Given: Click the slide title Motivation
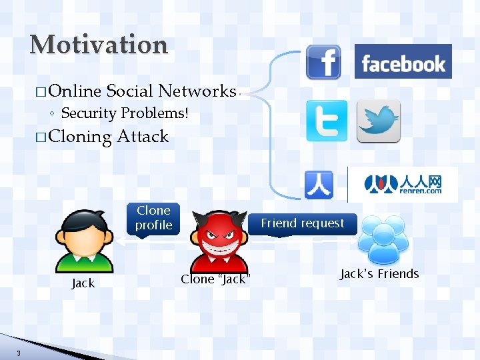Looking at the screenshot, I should pos(99,45).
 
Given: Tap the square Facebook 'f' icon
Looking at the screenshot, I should pos(323,62).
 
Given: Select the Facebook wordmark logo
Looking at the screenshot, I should pos(403,62).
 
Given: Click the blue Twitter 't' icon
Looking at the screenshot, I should pos(327,121).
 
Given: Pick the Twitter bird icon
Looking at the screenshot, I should pos(379,121).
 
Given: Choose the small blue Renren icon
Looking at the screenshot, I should pos(319,185).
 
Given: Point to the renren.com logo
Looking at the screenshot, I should pos(403,184).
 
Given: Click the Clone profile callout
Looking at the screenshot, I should pos(153,218).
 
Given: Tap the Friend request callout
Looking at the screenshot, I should pos(303,223).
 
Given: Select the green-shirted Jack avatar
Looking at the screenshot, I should pos(83,240).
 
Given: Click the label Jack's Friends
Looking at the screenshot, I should pos(379,274).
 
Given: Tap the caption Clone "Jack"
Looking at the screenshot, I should pos(215,279).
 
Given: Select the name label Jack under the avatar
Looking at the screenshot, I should pos(83,283).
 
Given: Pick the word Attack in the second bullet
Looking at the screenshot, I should pos(142,137).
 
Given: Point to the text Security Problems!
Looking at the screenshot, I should pos(125,113).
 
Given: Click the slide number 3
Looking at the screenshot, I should pos(19,353).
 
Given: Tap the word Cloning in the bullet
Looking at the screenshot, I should pos(80,137).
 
